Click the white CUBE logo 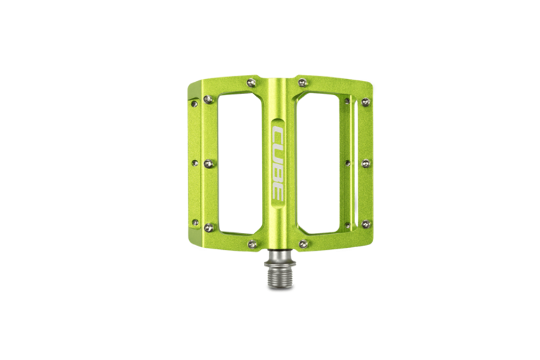pyautogui.click(x=278, y=162)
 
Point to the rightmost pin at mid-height pyautogui.click(x=365, y=163)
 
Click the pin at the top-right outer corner pyautogui.click(x=365, y=102)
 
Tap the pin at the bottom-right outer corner pyautogui.click(x=365, y=224)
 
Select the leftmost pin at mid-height pyautogui.click(x=194, y=163)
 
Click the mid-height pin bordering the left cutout pyautogui.click(x=208, y=163)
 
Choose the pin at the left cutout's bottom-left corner pyautogui.click(x=208, y=227)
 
